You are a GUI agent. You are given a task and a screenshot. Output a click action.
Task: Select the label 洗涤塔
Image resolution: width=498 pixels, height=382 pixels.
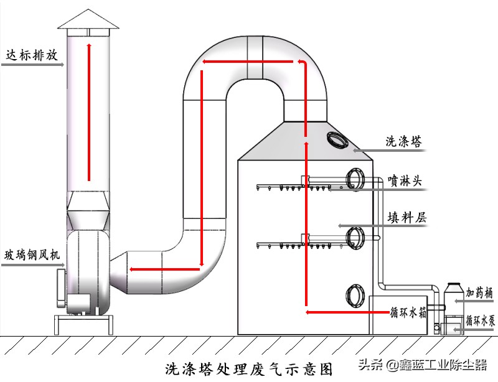tap(404, 142)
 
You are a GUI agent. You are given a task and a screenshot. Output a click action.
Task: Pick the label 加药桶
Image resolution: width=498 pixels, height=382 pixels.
tap(481, 292)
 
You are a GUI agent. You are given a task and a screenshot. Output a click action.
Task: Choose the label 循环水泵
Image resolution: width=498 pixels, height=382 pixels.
tap(481, 321)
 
